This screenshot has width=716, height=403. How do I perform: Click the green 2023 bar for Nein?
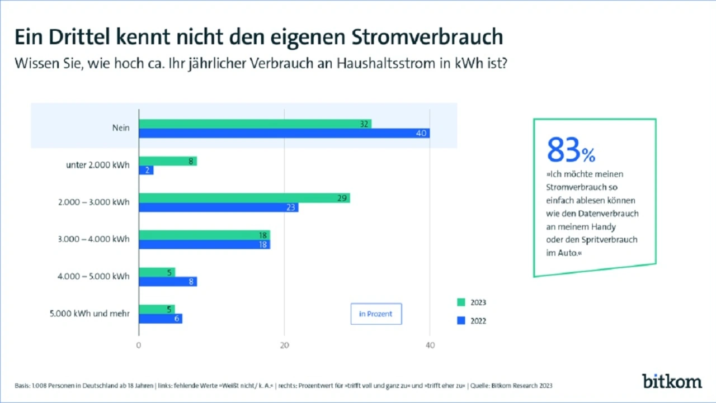coord(255,124)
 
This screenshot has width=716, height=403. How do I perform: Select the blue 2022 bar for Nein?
coord(284,133)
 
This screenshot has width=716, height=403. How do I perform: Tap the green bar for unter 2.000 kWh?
coord(168,161)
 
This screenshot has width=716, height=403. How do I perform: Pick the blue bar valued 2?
coord(146,170)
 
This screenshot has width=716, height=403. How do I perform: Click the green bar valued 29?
coord(244,198)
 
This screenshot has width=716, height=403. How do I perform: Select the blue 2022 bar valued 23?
coord(219,207)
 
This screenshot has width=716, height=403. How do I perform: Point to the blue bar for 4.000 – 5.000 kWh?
coord(168,282)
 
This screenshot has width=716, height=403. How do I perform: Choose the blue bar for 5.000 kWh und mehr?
coord(161,319)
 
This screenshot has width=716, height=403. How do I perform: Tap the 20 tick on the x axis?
coord(284,345)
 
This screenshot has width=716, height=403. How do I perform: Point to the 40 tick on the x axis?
coord(430,345)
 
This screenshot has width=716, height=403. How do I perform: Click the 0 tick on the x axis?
coord(139,345)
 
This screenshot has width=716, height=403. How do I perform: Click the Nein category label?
coord(120,128)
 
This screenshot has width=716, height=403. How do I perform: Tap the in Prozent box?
coord(376,314)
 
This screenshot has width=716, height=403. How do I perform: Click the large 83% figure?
coord(571,150)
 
